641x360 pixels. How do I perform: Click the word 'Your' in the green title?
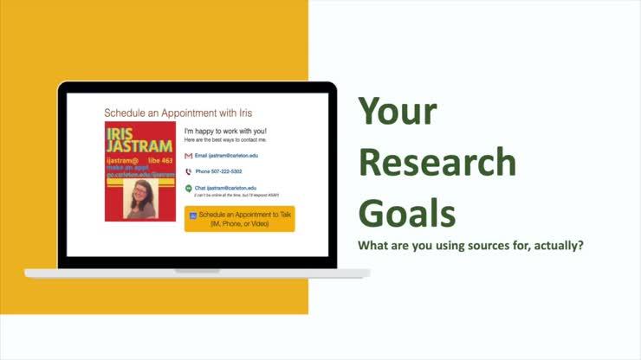tap(398, 113)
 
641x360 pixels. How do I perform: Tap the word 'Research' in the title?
tap(437, 163)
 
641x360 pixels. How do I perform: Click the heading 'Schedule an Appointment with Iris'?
tap(178, 112)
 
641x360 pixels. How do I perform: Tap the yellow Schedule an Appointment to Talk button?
tap(240, 218)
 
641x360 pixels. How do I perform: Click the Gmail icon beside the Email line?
tap(189, 156)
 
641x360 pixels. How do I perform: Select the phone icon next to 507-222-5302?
tap(189, 171)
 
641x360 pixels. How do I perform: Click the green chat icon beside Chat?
tap(189, 188)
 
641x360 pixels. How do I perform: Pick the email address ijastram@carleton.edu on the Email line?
tap(233, 156)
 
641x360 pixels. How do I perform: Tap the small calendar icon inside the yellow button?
tap(192, 215)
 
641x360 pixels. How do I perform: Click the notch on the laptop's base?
tap(197, 271)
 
